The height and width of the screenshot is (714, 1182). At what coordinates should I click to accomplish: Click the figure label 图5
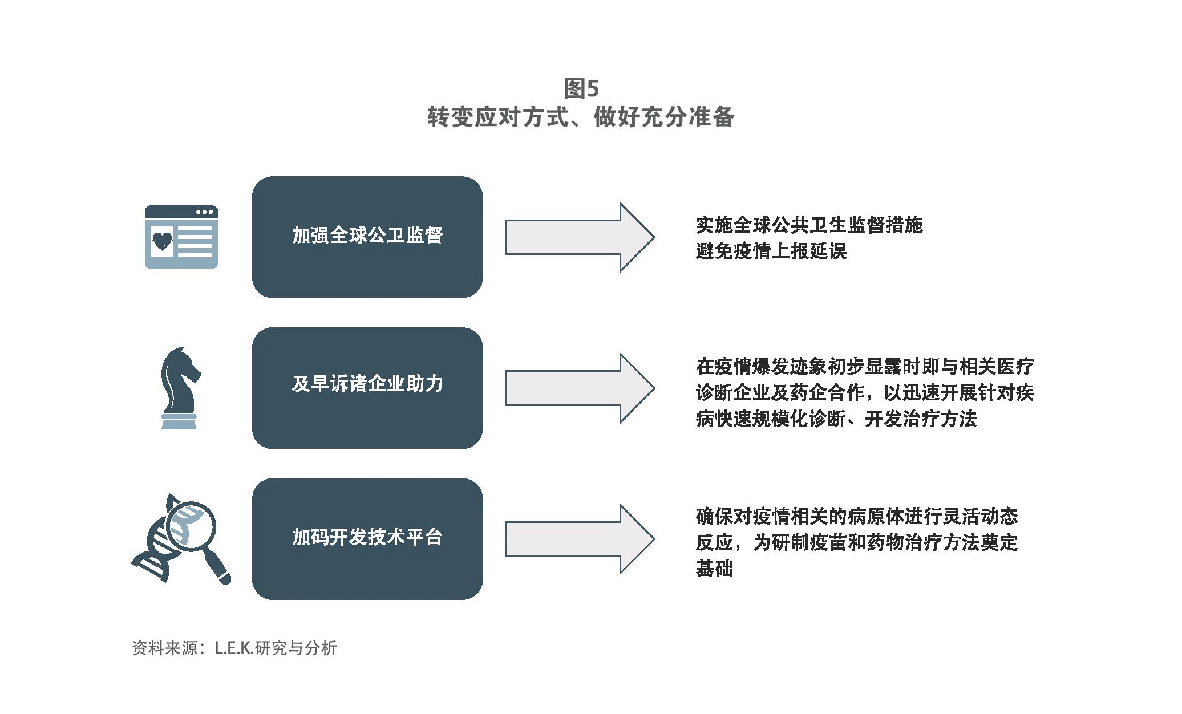(x=581, y=88)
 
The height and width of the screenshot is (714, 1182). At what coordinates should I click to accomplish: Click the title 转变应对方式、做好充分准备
(x=581, y=117)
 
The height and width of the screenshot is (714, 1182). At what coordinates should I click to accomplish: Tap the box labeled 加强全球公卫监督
(x=367, y=237)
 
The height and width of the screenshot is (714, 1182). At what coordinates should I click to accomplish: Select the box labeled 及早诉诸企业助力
(x=367, y=388)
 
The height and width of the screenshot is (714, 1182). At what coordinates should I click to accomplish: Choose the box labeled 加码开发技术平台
(x=367, y=539)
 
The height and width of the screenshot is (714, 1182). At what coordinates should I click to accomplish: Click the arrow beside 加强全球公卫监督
(x=580, y=237)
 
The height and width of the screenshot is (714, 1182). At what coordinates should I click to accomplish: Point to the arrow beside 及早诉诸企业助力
(x=580, y=388)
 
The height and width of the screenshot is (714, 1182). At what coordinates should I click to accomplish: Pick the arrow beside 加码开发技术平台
(x=580, y=539)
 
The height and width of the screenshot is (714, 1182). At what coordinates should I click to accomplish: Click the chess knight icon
(x=180, y=388)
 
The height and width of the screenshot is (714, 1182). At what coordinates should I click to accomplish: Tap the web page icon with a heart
(x=181, y=237)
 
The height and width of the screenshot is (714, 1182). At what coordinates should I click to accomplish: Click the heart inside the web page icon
(x=162, y=240)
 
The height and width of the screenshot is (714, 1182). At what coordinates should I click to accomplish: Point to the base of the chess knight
(x=179, y=421)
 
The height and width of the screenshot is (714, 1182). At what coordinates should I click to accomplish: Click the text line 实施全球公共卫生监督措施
(x=809, y=225)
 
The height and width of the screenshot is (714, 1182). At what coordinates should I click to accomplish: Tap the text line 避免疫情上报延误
(x=771, y=251)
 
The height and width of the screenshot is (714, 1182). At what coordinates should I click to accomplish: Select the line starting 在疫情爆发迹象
(x=865, y=366)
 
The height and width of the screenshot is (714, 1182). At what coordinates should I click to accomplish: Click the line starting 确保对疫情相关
(x=857, y=516)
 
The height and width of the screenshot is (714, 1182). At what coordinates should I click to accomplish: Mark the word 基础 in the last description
(x=714, y=569)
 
